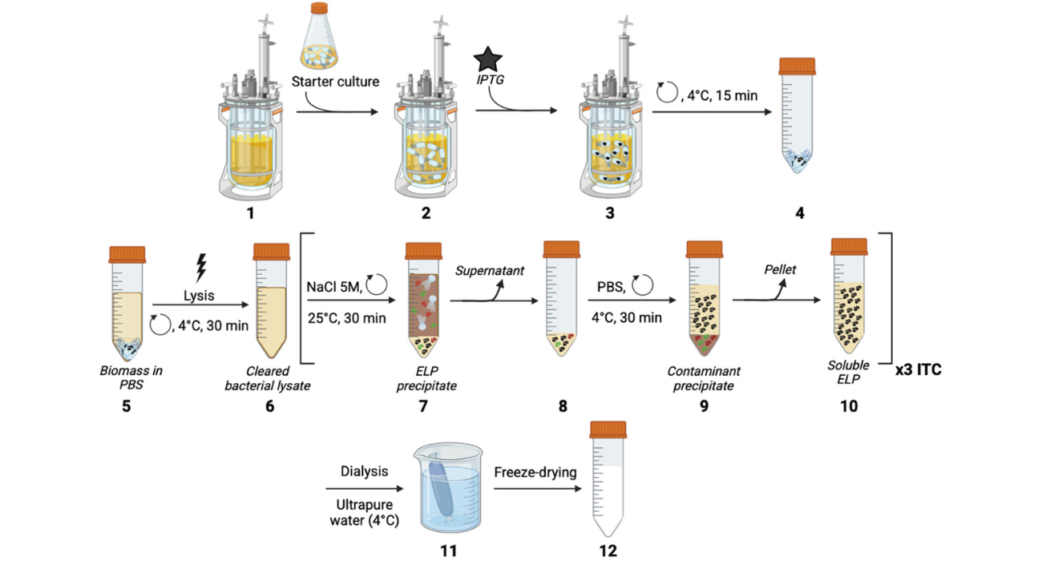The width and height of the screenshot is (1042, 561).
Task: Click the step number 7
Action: tap(423, 406)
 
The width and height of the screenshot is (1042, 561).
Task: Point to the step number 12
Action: tap(607, 551)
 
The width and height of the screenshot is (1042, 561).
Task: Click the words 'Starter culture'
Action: tap(336, 81)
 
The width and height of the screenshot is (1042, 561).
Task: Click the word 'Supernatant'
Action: tap(490, 271)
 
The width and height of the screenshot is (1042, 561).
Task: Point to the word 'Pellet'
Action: tap(780, 269)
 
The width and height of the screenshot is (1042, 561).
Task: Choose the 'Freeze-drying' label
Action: tap(535, 472)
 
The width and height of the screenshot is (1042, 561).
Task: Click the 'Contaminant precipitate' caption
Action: tap(704, 378)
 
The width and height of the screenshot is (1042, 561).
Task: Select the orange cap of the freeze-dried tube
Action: tap(608, 430)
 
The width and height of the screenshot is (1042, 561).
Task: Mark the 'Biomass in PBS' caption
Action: tap(127, 378)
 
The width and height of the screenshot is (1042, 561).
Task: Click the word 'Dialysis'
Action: tap(364, 471)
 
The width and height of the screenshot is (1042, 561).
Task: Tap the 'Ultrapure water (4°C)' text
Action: tap(364, 511)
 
